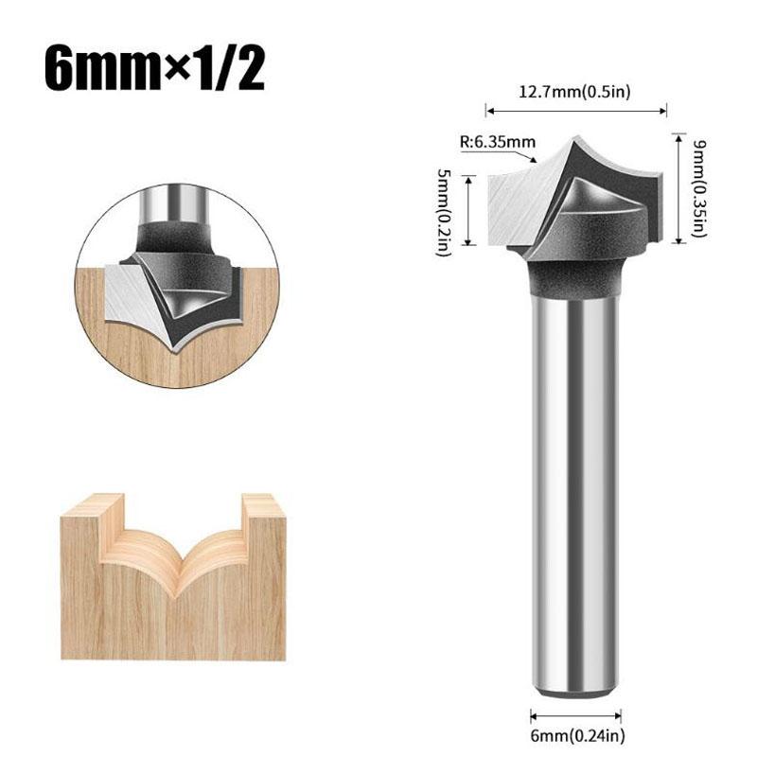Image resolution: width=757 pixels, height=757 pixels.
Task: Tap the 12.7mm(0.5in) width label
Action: [x=575, y=92]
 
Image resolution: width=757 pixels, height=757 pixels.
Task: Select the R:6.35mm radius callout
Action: [x=498, y=143]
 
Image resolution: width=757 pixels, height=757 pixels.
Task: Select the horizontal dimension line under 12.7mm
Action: [x=575, y=111]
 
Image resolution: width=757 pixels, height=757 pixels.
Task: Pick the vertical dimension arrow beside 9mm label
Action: [x=678, y=187]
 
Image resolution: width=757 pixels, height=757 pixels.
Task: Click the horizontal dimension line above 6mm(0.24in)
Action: [x=575, y=716]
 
